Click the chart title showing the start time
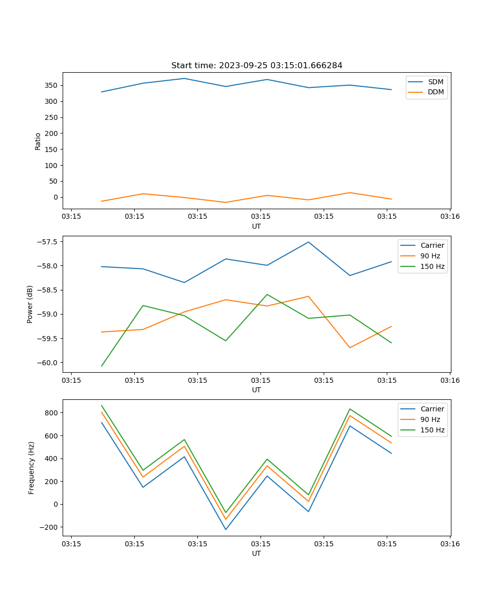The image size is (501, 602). click(x=257, y=66)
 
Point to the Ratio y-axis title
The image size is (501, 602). click(x=38, y=141)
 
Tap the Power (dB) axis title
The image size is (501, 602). click(x=30, y=304)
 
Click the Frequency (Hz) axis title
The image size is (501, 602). click(x=31, y=468)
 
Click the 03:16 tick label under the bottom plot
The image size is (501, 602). click(x=450, y=544)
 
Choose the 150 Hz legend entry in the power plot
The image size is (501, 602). click(x=432, y=266)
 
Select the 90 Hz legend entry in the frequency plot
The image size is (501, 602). click(x=430, y=419)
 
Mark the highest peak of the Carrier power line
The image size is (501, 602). click(x=309, y=242)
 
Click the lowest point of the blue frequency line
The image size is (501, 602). click(x=225, y=529)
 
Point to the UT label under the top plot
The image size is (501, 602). click(x=257, y=226)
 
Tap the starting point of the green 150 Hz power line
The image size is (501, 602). click(x=102, y=366)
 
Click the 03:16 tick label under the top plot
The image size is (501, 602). click(x=450, y=217)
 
